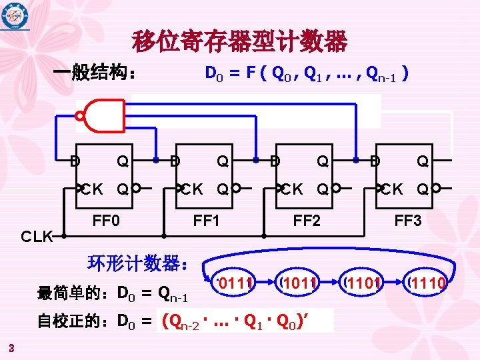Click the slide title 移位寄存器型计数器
coord(240,42)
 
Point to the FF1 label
coord(206,220)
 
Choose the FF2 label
coord(307,220)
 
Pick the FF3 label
coord(407,220)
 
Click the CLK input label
coord(37,236)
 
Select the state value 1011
coord(299,285)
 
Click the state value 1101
coord(363,285)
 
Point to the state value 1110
coord(427,285)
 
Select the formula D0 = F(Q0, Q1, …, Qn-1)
coord(306,73)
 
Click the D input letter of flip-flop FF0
coord(75,161)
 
